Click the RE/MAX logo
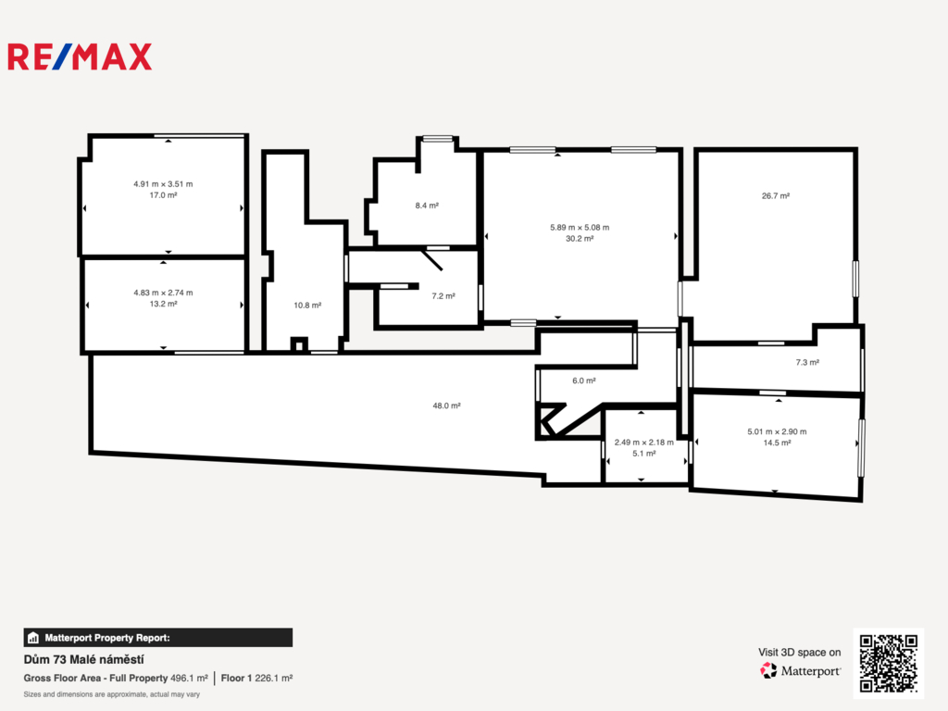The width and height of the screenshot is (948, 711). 80,56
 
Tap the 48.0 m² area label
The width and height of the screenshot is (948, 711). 447,405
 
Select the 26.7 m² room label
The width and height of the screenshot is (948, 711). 776,196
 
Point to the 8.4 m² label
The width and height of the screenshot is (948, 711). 427,206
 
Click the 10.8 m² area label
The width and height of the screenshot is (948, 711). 307,306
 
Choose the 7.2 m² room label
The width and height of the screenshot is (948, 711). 443,296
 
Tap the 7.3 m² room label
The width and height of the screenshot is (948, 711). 807,363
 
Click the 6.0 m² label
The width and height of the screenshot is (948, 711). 584,380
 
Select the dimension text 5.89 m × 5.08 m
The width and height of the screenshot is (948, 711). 580,228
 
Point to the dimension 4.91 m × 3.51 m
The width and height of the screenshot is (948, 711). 163,184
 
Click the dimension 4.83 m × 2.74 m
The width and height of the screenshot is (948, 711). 163,293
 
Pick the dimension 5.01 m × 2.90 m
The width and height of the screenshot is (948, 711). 777,431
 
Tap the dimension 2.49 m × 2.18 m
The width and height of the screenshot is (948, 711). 644,443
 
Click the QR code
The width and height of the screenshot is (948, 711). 889,663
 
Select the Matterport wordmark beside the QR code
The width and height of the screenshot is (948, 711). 811,671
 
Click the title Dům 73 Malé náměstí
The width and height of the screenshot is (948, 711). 83,659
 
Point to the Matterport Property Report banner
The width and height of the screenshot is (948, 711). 157,638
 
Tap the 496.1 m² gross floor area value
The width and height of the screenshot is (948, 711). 189,679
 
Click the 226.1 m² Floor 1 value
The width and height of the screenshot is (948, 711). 274,679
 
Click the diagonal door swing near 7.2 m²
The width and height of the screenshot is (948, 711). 431,259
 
